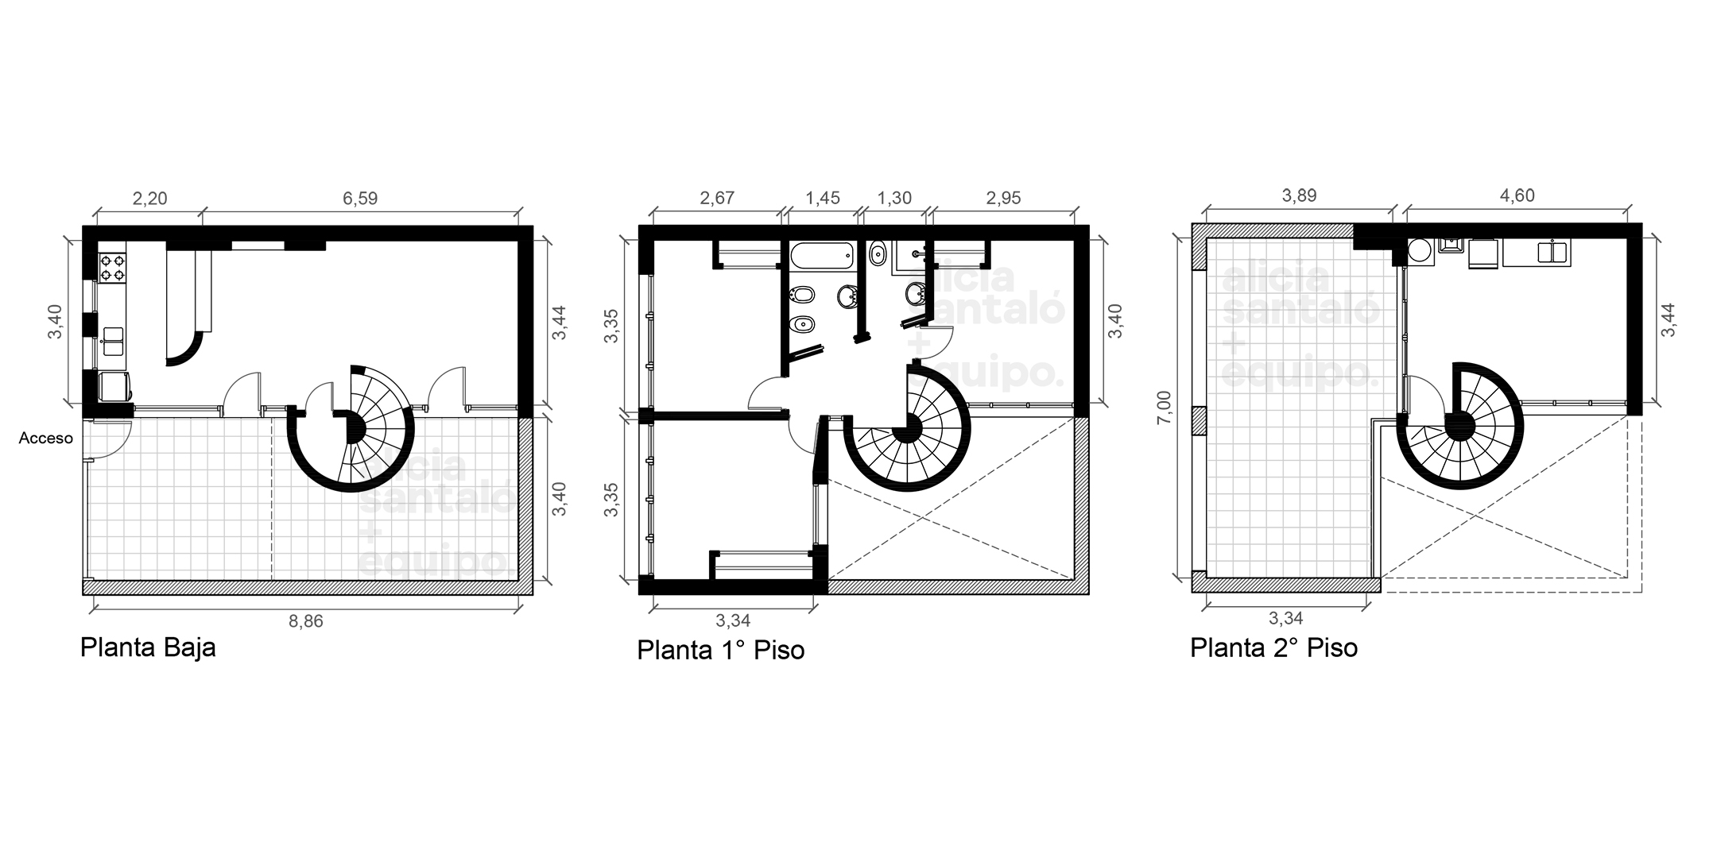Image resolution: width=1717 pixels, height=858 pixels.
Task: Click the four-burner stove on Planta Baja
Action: coord(112,267)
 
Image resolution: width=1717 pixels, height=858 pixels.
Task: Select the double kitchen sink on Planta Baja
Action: coord(112,341)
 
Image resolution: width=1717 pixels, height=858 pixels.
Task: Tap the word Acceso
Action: coord(46,438)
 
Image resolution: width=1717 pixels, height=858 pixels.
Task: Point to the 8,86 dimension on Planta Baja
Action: coord(306,621)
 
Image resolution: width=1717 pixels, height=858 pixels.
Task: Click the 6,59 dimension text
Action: coord(360,198)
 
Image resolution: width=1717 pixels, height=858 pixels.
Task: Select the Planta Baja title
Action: coord(148,647)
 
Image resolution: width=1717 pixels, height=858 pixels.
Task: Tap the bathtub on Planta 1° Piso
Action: coord(822,255)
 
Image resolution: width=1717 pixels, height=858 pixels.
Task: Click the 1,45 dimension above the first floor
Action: coord(822,198)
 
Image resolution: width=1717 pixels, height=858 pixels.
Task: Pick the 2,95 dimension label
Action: coord(1003,198)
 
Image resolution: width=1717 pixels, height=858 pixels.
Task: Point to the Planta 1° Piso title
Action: coord(721,650)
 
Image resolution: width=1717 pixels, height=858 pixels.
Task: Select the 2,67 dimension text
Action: coord(716,198)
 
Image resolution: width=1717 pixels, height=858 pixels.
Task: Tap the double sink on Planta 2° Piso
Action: coord(1552,252)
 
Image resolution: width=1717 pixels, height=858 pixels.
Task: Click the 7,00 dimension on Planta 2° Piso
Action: coord(1164,407)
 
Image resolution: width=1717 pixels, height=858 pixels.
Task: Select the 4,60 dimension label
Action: coord(1517,195)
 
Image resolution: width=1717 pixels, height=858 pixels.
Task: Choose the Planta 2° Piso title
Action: coord(1273,647)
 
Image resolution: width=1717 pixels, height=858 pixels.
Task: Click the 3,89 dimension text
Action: coord(1299,195)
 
